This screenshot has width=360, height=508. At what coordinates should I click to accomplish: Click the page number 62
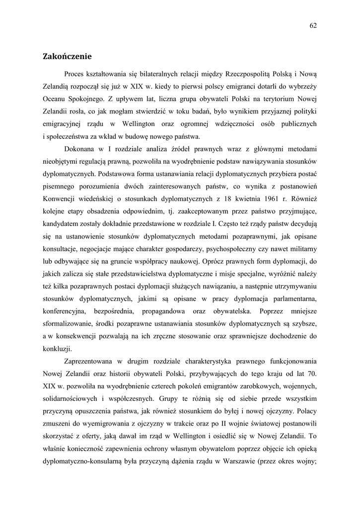click(313, 26)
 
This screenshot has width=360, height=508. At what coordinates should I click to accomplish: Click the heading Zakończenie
click(68, 57)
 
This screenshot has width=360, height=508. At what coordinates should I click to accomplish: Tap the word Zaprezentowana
click(91, 361)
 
